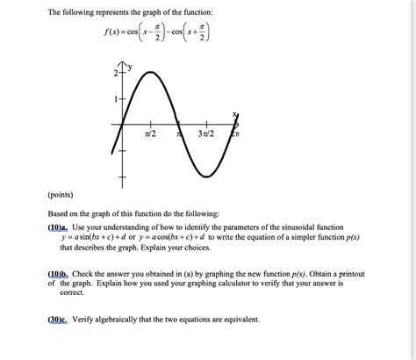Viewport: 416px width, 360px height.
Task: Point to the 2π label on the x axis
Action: (x=235, y=134)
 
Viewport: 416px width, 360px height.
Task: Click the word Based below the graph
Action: (x=60, y=213)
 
